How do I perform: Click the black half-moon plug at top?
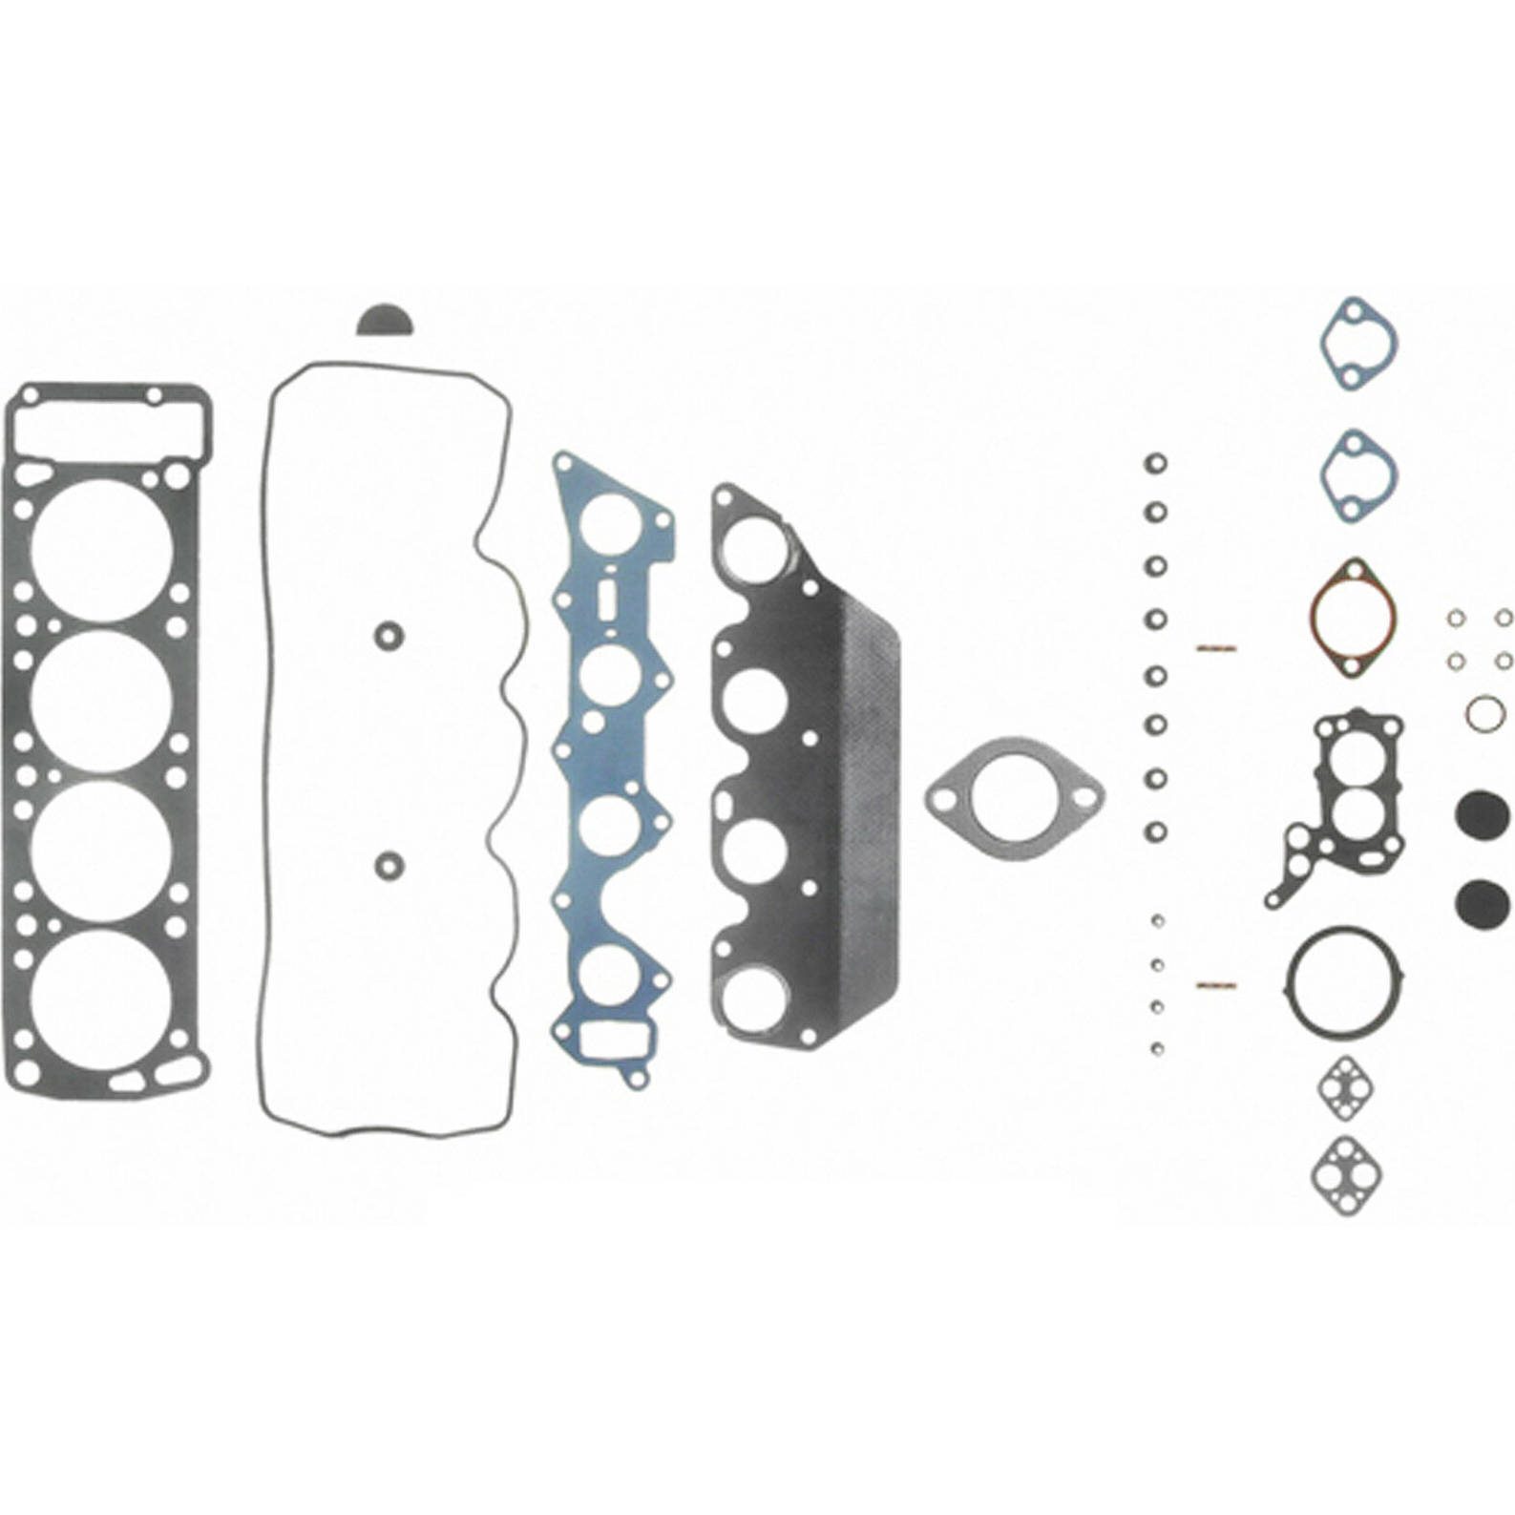coord(386,322)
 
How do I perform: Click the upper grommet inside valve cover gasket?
coord(388,634)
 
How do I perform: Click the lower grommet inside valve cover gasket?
coord(388,864)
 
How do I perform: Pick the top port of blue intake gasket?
coord(609,524)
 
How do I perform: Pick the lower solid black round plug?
coord(1482,900)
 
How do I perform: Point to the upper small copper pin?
coord(1215,647)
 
